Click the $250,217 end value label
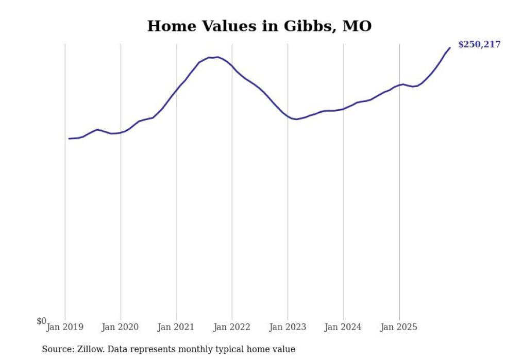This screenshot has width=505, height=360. pos(479,45)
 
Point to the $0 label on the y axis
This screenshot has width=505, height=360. pos(41,321)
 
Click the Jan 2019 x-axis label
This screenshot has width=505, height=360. pos(65,327)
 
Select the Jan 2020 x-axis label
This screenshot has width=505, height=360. pos(121,327)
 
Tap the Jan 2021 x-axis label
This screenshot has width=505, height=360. pos(176,327)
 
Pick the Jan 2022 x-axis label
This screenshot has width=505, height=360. pos(232,327)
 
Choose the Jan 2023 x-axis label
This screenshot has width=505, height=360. pos(288,327)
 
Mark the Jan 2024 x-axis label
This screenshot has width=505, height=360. pos(343,327)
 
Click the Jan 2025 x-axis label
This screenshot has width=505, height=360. pos(399,327)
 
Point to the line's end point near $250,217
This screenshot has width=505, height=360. pos(450,48)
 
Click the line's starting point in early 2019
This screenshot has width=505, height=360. pos(69,139)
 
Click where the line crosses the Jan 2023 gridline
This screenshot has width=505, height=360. pos(288,116)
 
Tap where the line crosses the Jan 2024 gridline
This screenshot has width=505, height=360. pos(343,109)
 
